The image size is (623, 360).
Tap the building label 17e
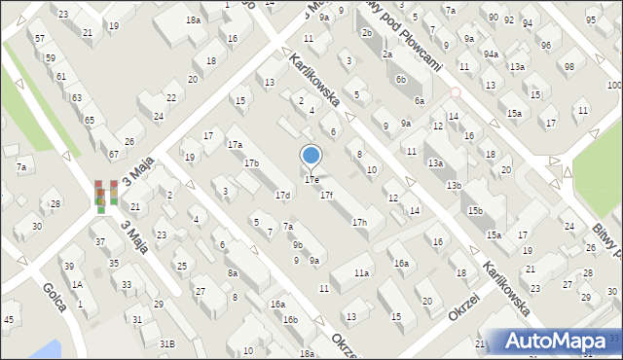point(311,180)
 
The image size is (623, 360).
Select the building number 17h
point(360,223)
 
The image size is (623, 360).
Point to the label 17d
point(282,196)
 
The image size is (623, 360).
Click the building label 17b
point(251,162)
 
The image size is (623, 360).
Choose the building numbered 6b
point(400,80)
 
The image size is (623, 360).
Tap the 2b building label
point(366,33)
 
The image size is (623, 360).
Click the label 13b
point(454,185)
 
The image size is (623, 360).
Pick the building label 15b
point(475,211)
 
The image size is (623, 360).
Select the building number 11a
point(361,273)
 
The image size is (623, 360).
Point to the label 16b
point(290,319)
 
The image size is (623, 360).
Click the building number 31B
point(167,343)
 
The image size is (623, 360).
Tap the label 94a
point(491,54)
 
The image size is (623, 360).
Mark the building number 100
point(612,86)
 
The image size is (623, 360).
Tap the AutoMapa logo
point(560,342)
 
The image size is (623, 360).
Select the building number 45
point(9,320)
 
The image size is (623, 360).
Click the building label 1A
point(76,284)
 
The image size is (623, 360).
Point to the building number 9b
point(298,245)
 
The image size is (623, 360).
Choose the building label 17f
point(327,196)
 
